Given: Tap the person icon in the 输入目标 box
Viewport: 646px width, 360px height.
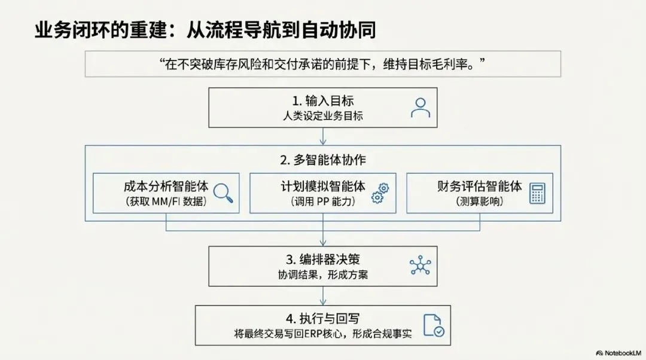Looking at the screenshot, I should (420, 107).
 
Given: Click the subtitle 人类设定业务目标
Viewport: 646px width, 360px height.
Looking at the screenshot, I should (323, 116).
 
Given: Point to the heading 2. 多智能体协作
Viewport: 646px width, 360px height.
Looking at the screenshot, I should (323, 160).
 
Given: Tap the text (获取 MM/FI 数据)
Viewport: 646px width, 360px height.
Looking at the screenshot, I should (166, 202).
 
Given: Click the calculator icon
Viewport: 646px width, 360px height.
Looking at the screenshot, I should (538, 193).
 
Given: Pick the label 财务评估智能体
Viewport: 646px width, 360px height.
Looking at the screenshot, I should (479, 186).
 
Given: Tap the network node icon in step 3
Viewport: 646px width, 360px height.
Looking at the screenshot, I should (420, 266).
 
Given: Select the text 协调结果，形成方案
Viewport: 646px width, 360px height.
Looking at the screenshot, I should (323, 274).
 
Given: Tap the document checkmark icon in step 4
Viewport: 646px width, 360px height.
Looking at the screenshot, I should (433, 325).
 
